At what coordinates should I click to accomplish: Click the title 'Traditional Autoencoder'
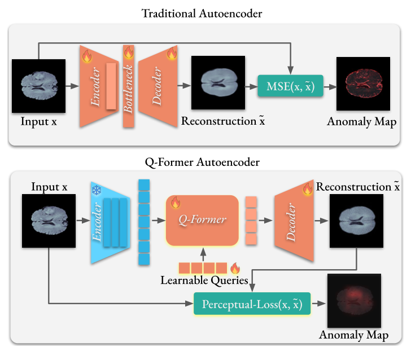click(x=205, y=13)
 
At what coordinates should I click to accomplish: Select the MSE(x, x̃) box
click(x=290, y=86)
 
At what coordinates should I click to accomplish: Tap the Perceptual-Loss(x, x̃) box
click(x=252, y=304)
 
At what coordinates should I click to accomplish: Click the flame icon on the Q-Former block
click(x=174, y=202)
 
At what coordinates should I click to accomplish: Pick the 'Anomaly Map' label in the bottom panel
click(x=353, y=335)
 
